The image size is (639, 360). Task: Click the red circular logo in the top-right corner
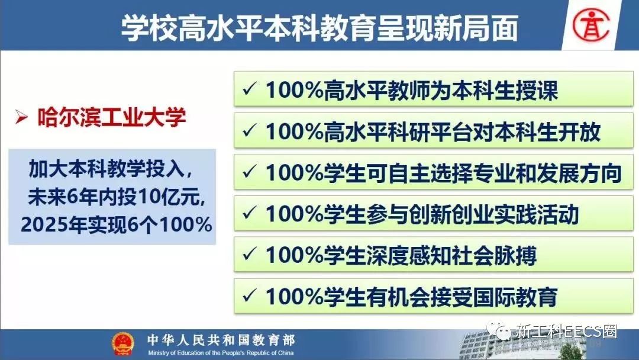click(591, 25)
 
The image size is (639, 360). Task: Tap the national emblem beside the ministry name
click(123, 344)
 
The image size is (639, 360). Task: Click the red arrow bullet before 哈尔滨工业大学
click(21, 117)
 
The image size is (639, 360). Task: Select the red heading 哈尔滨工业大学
click(112, 117)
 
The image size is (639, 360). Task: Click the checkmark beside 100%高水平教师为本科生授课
click(249, 89)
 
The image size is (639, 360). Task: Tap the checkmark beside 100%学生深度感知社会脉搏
click(249, 255)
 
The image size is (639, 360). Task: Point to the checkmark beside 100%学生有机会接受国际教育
click(249, 295)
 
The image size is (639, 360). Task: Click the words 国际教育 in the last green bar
click(515, 297)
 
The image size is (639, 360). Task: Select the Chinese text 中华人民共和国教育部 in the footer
click(221, 340)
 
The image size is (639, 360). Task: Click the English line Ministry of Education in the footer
click(221, 353)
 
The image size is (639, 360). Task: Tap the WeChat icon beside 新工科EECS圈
click(499, 330)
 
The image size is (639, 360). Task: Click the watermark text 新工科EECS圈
click(566, 331)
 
